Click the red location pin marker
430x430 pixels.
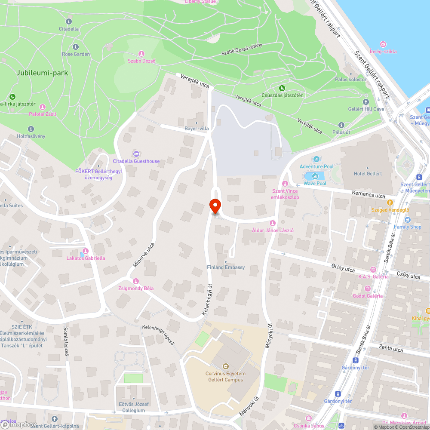(x=215, y=206)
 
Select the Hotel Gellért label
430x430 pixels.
(x=368, y=173)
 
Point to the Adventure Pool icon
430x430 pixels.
(x=316, y=160)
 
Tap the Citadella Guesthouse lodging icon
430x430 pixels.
(x=136, y=154)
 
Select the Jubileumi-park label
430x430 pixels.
(x=42, y=73)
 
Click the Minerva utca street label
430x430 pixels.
(x=143, y=255)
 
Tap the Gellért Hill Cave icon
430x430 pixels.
(x=366, y=102)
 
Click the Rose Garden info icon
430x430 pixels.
(x=76, y=47)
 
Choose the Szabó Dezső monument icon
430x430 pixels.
(x=141, y=54)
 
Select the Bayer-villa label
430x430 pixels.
(x=196, y=128)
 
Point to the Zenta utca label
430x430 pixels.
(x=390, y=349)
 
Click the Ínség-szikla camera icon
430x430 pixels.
(x=383, y=44)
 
